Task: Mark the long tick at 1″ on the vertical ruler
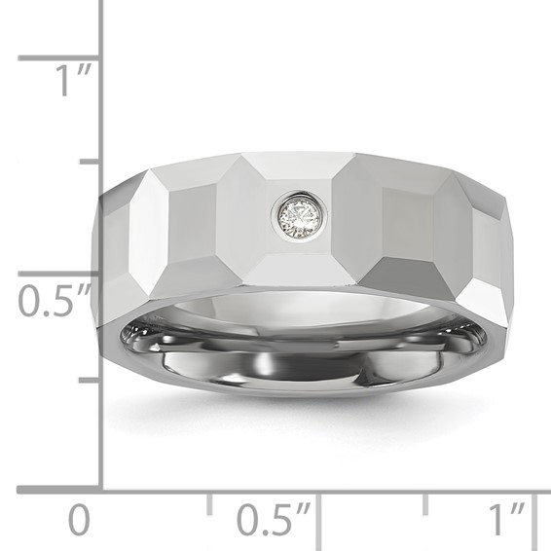(58, 58)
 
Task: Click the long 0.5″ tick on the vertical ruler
(58, 274)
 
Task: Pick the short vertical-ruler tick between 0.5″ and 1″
(89, 159)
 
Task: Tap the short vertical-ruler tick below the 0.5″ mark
(89, 380)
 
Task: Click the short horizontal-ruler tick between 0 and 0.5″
(209, 503)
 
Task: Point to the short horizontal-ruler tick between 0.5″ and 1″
(425, 503)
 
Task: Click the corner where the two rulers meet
(101, 490)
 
